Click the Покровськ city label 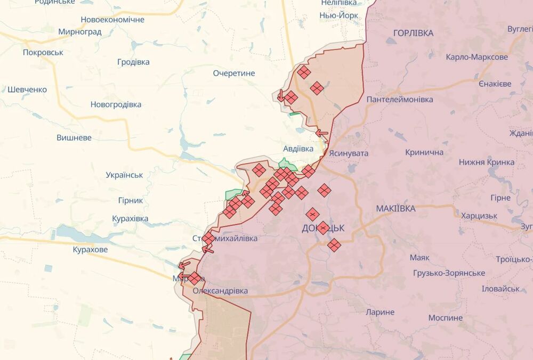point(43,52)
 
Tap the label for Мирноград point(80,31)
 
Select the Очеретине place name point(234,73)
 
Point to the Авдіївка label point(298,149)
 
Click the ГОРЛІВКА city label point(413,33)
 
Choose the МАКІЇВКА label point(395,208)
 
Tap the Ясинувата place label point(349,153)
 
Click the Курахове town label point(90,249)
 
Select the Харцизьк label point(479,216)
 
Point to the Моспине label point(446,317)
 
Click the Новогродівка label point(116,104)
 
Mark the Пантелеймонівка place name point(399,99)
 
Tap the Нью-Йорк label point(338,15)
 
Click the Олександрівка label point(220,291)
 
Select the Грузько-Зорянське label point(449,273)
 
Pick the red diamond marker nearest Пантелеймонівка point(317,88)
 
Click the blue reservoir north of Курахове point(80,233)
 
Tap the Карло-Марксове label point(477,57)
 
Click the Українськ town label point(124,175)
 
